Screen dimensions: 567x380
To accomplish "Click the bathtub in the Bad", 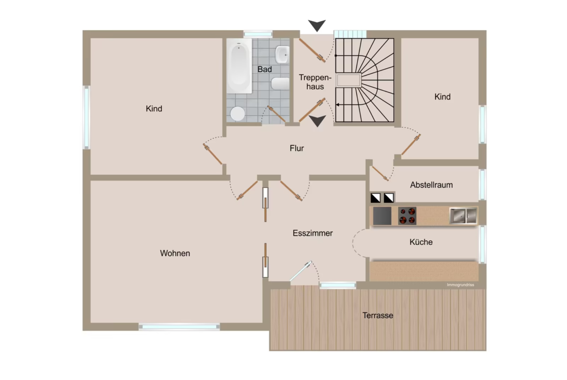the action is click(x=239, y=66).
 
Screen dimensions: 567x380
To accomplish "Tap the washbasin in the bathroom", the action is click(x=282, y=55).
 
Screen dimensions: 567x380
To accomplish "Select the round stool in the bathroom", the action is click(x=237, y=113).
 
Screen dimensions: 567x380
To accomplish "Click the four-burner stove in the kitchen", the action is click(x=407, y=215).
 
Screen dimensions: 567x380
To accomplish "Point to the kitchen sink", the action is click(x=463, y=215).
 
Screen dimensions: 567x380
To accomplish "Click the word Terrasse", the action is click(x=378, y=315).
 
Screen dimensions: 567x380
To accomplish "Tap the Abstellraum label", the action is click(x=431, y=185).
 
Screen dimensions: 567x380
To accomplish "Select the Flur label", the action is click(x=297, y=148).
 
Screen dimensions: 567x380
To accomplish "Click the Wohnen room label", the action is click(x=175, y=253).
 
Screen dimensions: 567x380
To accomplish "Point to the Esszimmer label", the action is click(x=313, y=233).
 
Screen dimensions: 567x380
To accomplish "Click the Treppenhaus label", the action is click(x=315, y=82).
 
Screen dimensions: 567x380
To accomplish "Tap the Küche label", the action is click(x=421, y=242).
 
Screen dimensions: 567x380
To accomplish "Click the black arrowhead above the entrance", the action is click(x=317, y=25).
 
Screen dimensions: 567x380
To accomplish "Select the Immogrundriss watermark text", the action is click(x=460, y=285).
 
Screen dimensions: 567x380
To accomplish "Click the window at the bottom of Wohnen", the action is click(x=179, y=327).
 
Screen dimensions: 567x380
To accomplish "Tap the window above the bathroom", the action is click(x=258, y=34).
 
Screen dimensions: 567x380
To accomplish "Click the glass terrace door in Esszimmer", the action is click(x=300, y=271).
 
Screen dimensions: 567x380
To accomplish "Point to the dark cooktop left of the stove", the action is click(x=382, y=215).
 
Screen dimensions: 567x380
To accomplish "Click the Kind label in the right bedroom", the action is click(x=442, y=97).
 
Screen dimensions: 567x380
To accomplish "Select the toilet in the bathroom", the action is click(x=280, y=84).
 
